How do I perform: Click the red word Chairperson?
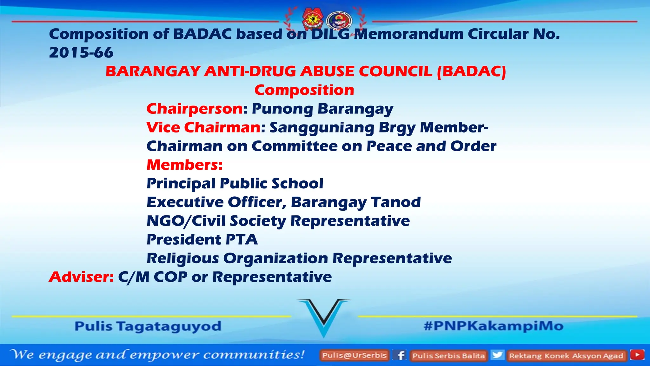tap(195, 109)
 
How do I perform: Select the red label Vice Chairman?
tap(203, 127)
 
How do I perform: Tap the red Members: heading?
tap(184, 165)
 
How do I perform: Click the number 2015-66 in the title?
tap(81, 53)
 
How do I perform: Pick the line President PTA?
tap(202, 240)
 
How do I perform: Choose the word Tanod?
tap(396, 202)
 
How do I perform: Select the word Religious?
tap(182, 258)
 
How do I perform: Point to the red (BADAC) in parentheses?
tap(471, 71)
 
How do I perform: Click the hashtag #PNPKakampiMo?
tap(493, 326)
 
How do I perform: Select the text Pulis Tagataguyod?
tap(148, 326)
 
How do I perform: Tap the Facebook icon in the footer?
tap(401, 355)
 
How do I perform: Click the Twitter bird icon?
tap(497, 355)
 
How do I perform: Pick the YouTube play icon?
tap(637, 355)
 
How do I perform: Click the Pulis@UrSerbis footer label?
tap(354, 355)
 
